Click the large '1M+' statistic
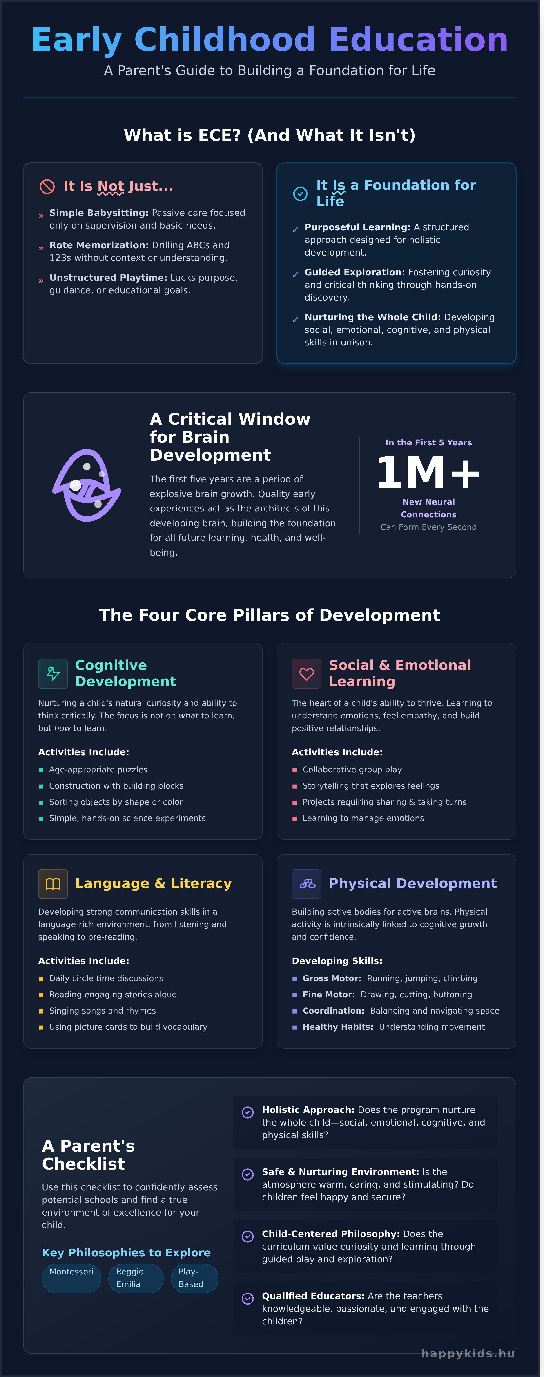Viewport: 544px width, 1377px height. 428,472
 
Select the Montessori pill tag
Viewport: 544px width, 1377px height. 72,1278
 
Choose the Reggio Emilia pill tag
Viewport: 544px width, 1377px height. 136,1278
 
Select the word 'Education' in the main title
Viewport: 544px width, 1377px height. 418,40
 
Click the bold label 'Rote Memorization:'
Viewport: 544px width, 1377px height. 99,245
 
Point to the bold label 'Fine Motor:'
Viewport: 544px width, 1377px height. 329,994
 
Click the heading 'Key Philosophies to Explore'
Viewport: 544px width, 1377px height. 126,1252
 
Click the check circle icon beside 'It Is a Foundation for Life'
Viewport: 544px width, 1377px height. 300,193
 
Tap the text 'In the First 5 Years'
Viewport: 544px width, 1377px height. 429,443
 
